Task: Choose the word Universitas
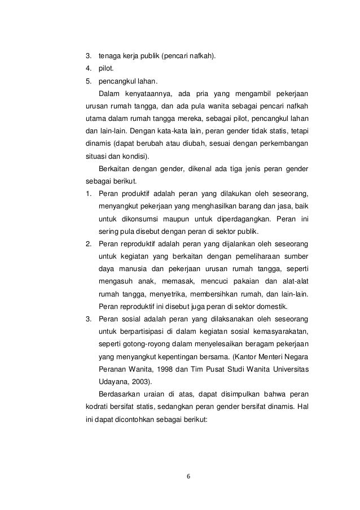click(x=288, y=369)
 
